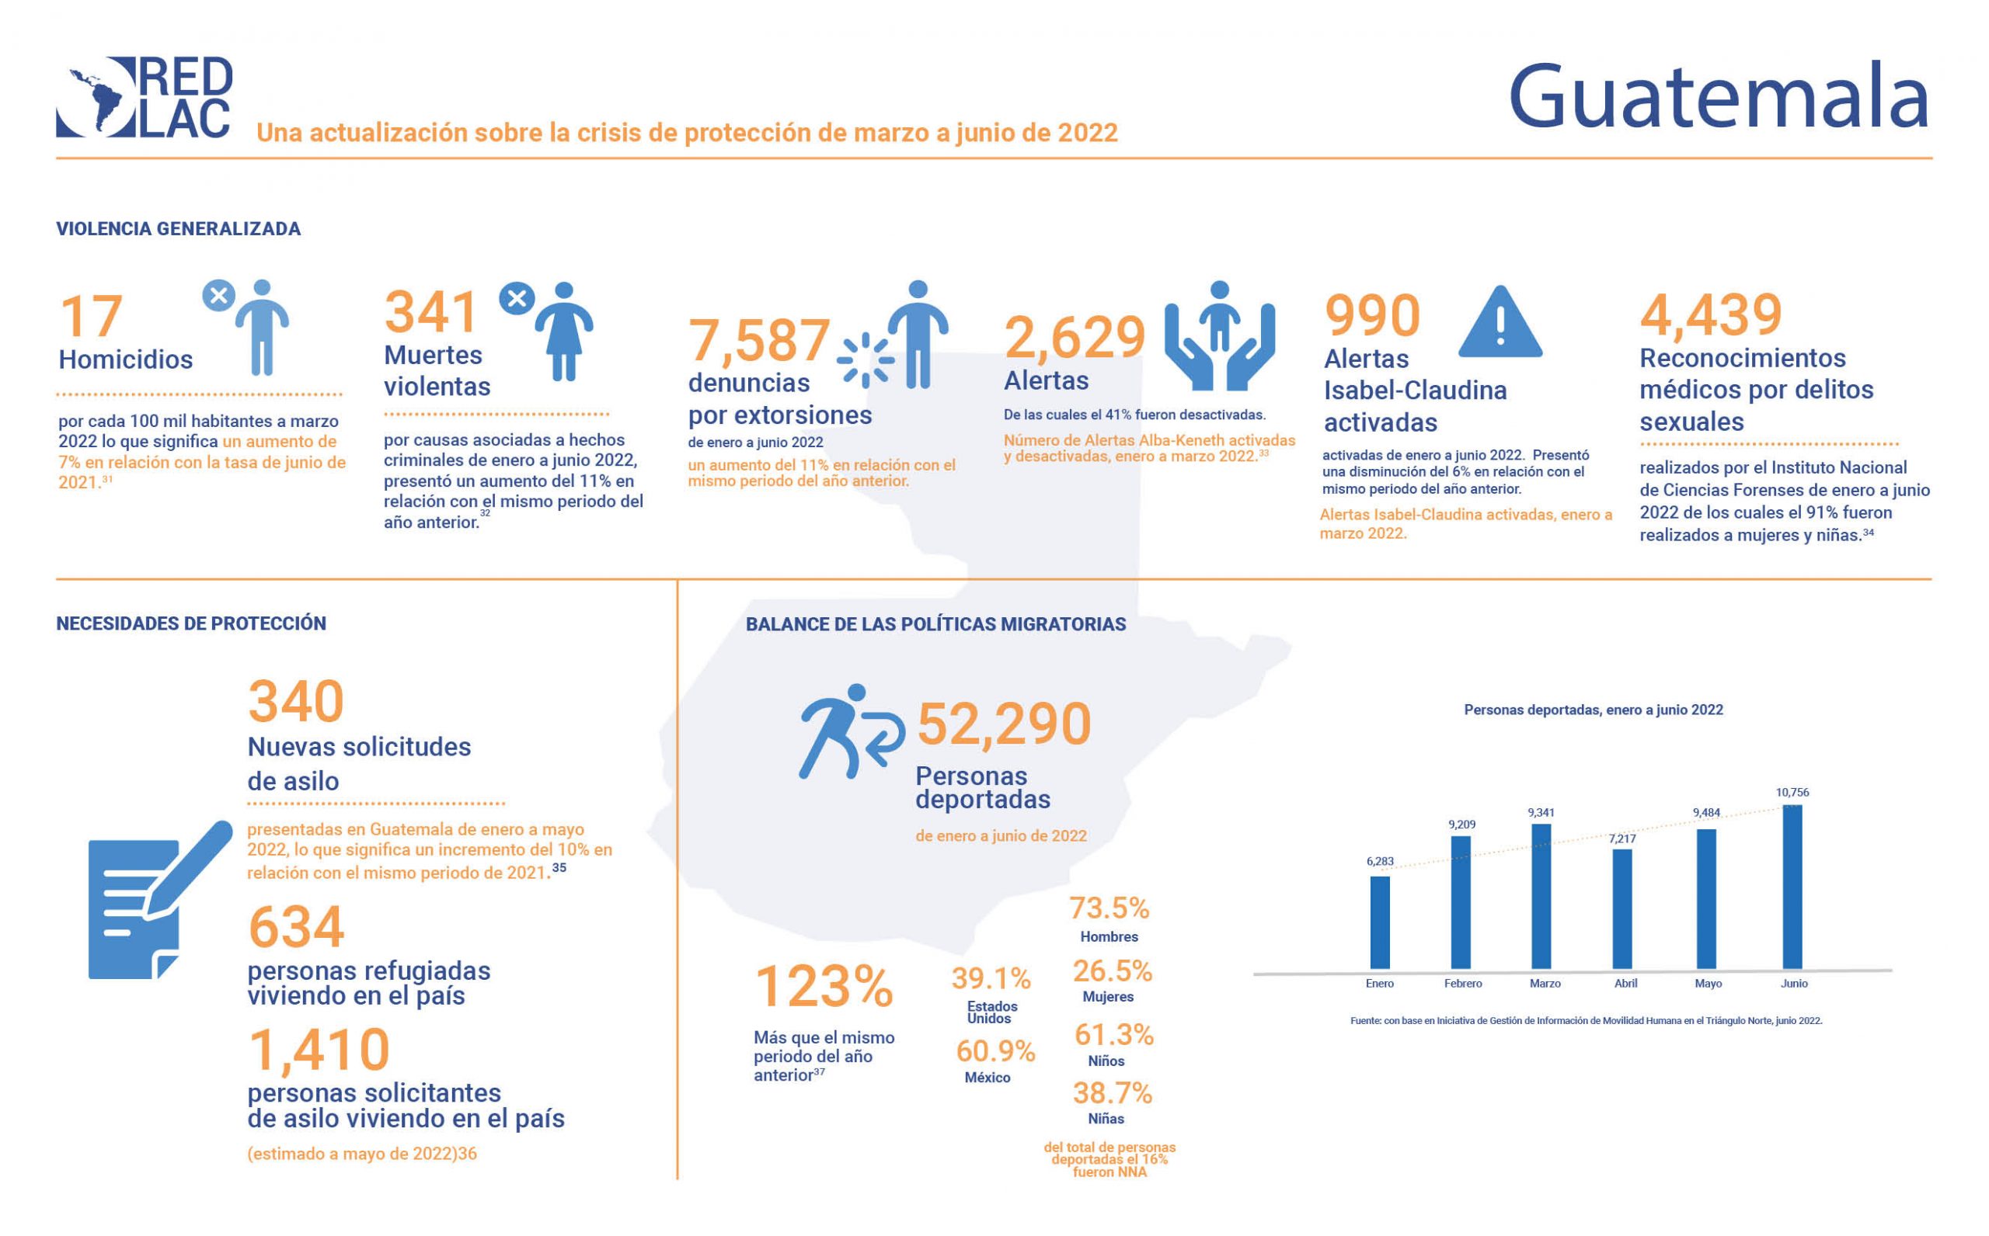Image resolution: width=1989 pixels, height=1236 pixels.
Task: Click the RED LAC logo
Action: [144, 96]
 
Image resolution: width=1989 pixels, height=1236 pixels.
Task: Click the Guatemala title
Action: [1719, 95]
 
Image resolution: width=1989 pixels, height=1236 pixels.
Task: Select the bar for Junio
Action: [1792, 887]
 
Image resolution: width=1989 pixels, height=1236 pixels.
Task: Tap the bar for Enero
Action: [1380, 922]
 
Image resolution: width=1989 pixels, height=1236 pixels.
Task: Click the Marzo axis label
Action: [1545, 984]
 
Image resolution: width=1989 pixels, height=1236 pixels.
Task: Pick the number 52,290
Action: [1004, 724]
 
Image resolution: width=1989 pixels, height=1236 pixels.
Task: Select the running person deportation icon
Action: [851, 731]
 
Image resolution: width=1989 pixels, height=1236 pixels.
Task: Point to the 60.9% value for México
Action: [995, 1050]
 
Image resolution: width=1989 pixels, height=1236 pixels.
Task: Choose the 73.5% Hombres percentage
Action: [1109, 908]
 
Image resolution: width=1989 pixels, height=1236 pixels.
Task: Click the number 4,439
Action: [1710, 314]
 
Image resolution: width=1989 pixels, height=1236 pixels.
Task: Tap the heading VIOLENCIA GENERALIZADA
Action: [178, 229]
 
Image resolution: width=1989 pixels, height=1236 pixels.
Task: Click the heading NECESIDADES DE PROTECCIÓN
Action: [190, 623]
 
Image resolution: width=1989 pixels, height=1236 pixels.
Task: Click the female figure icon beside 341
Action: [563, 331]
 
